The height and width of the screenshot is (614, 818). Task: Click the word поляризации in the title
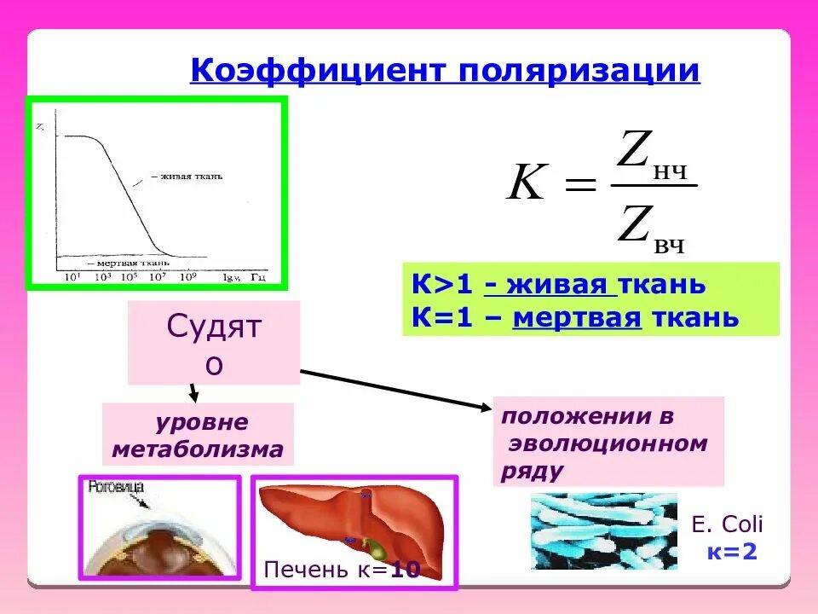(579, 71)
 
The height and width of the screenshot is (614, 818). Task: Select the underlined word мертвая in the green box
(576, 318)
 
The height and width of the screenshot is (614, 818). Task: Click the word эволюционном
(608, 443)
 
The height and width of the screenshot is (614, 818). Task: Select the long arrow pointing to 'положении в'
(396, 389)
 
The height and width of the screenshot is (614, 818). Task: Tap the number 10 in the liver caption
(405, 570)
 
